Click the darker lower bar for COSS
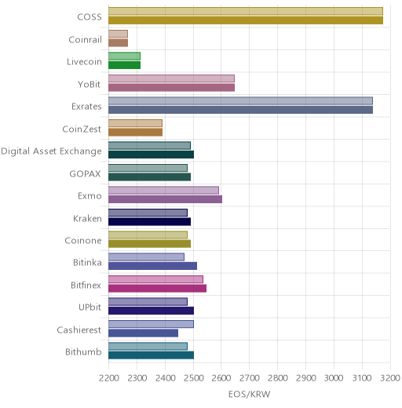246,20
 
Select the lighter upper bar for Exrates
240,101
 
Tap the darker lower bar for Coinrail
119,43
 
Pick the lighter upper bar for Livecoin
124,56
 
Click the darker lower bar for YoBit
172,88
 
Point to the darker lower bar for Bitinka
153,266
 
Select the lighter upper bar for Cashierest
151,324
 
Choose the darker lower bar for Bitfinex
158,289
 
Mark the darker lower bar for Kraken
150,221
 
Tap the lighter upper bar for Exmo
163,190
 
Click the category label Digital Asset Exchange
51,151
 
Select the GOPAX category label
85,173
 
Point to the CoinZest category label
82,129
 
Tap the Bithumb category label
83,352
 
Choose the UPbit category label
90,307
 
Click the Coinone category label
83,240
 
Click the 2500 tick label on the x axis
193,378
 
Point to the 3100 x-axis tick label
362,378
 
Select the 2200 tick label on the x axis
109,378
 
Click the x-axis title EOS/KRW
249,394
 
